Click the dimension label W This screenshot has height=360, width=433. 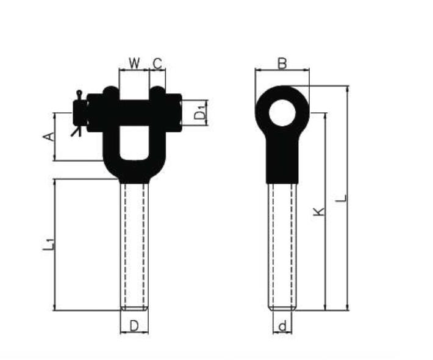pyautogui.click(x=135, y=63)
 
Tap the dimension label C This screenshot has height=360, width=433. pyautogui.click(x=157, y=63)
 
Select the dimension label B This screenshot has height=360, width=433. pyautogui.click(x=282, y=63)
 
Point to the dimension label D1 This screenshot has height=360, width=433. pyautogui.click(x=201, y=112)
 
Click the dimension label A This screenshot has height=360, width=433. pyautogui.click(x=49, y=137)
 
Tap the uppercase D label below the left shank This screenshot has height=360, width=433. pyautogui.click(x=134, y=326)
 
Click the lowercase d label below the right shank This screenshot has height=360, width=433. pyautogui.click(x=282, y=326)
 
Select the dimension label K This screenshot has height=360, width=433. pyautogui.click(x=319, y=212)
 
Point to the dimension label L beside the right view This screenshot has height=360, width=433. pyautogui.click(x=341, y=198)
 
